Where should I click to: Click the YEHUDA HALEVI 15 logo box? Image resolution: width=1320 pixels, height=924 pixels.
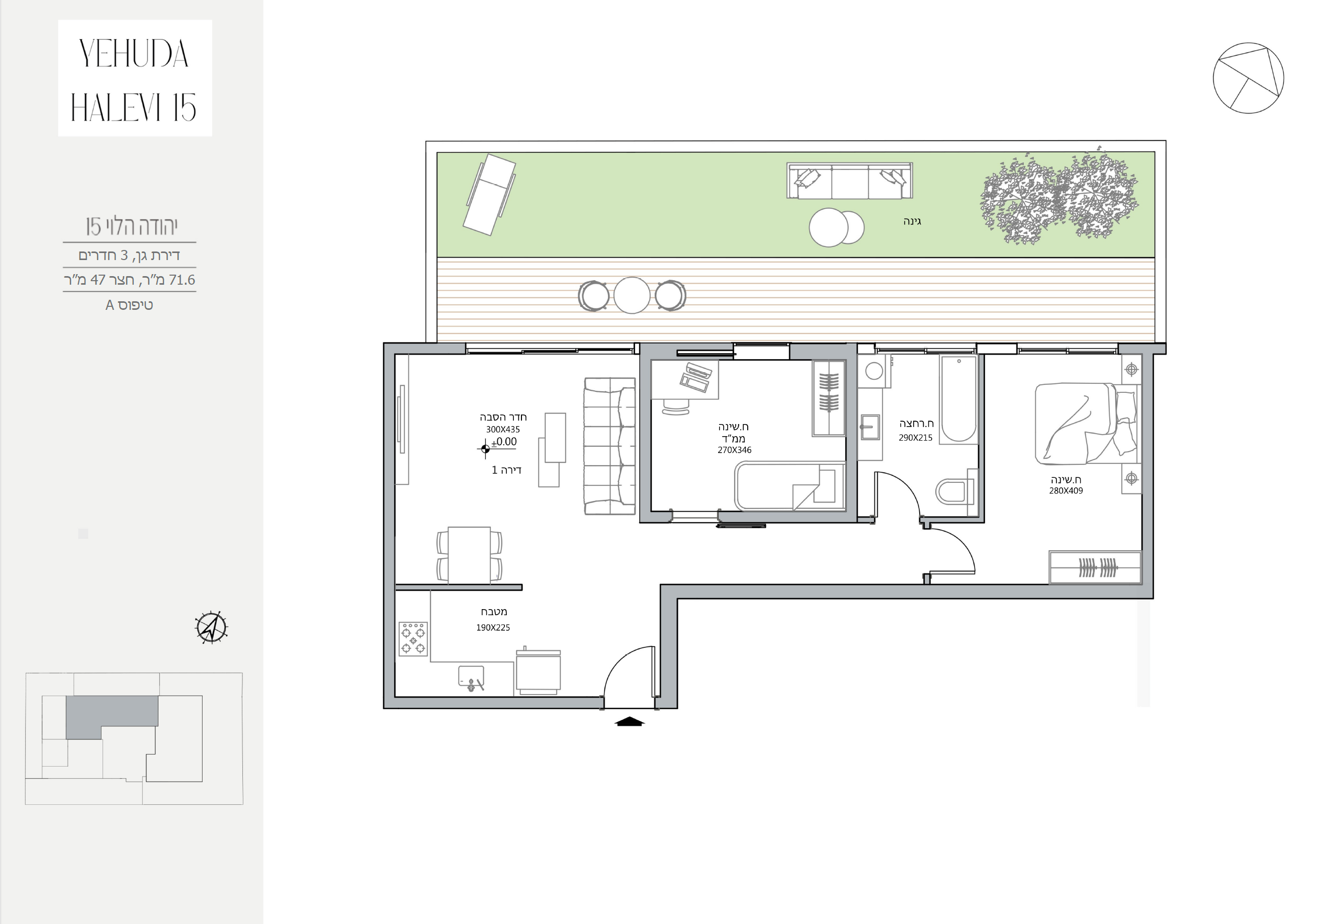[x=135, y=78]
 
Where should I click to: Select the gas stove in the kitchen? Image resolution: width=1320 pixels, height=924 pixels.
[x=413, y=638]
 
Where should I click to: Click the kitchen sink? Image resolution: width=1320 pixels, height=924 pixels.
[x=471, y=678]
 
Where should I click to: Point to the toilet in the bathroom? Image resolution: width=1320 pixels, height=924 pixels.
[x=953, y=491]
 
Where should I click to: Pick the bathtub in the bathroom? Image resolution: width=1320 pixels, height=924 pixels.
[x=958, y=399]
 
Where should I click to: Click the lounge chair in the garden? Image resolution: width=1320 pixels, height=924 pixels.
[x=489, y=194]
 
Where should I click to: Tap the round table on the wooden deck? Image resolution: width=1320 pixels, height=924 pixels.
[x=631, y=296]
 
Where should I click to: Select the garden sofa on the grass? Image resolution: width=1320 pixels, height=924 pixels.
[x=849, y=181]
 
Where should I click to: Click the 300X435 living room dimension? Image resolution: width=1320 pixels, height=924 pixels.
[x=502, y=430]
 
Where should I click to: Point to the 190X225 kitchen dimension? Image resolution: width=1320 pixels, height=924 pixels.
[x=493, y=628]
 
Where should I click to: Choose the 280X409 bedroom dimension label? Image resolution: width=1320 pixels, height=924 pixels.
[x=1066, y=491]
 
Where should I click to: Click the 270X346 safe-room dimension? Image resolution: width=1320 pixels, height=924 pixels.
[x=734, y=450]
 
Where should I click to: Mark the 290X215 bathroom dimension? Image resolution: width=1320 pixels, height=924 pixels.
[x=915, y=438]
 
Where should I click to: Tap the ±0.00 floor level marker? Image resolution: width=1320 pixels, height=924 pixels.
[x=504, y=442]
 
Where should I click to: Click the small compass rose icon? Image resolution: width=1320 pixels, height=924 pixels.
[x=212, y=627]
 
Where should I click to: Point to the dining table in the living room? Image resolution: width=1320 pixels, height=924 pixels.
[x=469, y=555]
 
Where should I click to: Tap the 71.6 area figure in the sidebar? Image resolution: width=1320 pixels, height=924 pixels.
[x=182, y=280]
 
